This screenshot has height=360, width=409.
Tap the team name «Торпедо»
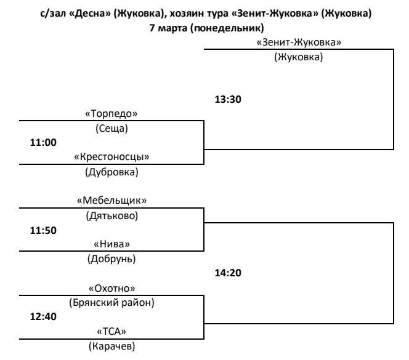pos(111,114)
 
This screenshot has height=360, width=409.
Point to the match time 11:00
pos(43,142)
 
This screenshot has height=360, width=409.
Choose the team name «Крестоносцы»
pos(111,156)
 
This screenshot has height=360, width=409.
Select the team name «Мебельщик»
pos(111,200)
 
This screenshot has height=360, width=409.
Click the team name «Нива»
pos(111,244)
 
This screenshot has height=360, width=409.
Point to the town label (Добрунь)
pos(111,258)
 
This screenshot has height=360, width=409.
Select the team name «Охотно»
pos(111,287)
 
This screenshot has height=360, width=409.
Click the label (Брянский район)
pos(111,302)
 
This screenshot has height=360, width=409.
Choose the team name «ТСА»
pos(111,331)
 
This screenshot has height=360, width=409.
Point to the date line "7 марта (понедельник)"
pos(204,27)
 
